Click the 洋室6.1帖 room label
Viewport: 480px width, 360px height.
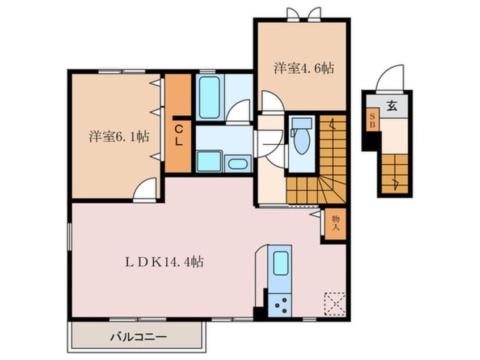pos(119,136)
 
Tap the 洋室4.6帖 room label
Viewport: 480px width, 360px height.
pos(304,68)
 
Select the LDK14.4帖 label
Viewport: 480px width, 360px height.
pos(165,262)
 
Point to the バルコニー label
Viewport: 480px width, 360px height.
pos(138,337)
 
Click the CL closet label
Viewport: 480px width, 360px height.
pos(179,136)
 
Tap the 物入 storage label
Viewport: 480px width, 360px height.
pos(336,223)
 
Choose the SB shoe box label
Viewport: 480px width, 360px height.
pos(372,121)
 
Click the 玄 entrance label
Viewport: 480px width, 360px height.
pos(392,106)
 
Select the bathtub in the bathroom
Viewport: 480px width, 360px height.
pos(209,97)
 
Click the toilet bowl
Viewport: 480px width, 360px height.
pos(301,140)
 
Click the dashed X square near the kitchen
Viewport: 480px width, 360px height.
pos(335,304)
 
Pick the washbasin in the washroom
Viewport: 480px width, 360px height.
pos(238,164)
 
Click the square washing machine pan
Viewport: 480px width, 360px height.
pos(209,161)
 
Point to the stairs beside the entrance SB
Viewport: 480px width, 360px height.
pos(395,174)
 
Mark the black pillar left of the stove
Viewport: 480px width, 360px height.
pos(259,312)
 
